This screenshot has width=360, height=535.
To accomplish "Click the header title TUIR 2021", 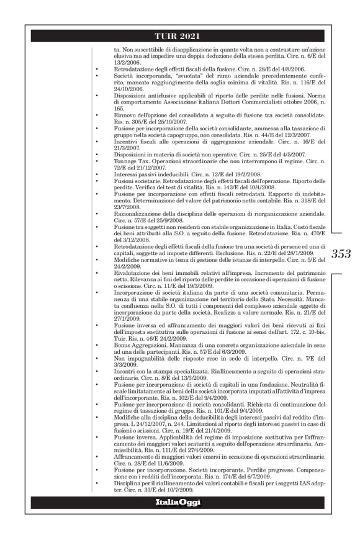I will (179, 36).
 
